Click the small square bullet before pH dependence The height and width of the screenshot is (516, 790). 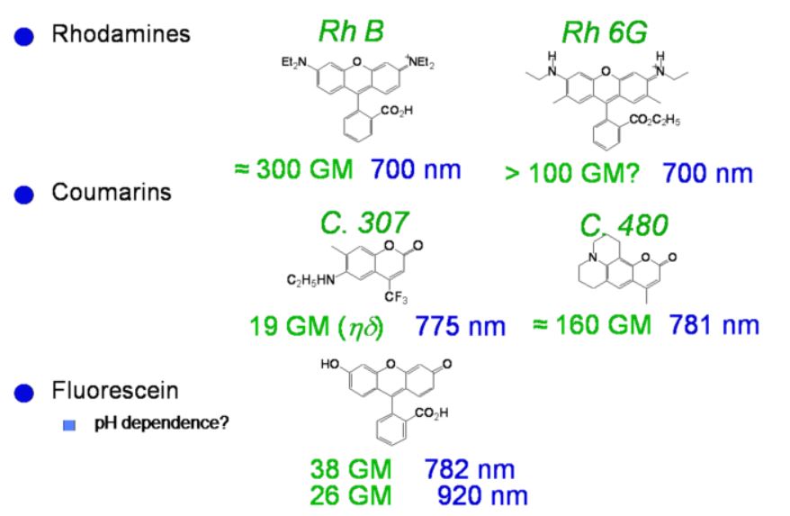tap(68, 424)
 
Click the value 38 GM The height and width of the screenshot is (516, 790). tap(347, 469)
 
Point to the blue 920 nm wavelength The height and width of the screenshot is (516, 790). tap(481, 494)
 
